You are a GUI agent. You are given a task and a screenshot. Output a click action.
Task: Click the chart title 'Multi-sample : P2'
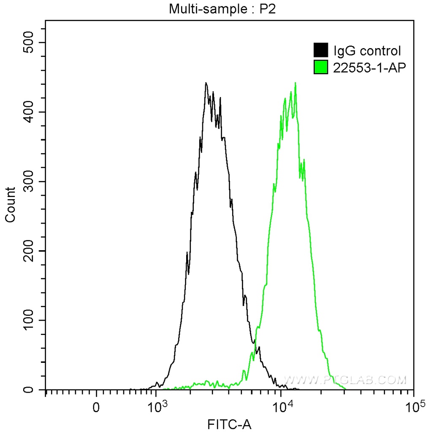(222, 8)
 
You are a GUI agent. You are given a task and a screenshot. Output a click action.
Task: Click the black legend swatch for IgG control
(321, 51)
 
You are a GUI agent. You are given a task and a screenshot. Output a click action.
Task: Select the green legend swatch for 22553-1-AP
(321, 67)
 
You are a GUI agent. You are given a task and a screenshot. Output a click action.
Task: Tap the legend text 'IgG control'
(367, 51)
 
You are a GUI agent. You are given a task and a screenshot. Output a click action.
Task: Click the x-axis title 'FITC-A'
(229, 424)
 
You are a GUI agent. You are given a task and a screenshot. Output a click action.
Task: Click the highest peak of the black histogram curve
(206, 83)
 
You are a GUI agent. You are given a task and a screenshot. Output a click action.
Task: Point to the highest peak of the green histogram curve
(295, 83)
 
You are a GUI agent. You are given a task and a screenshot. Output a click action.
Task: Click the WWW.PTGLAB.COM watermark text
(345, 380)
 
